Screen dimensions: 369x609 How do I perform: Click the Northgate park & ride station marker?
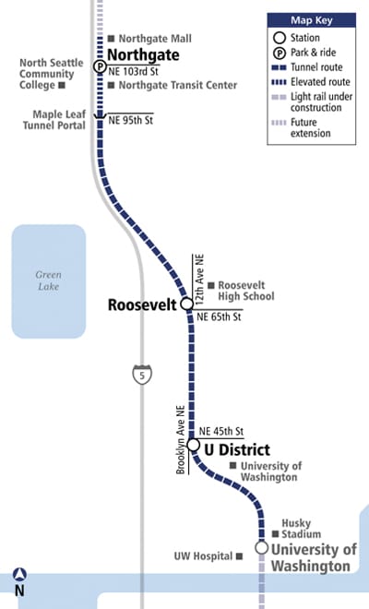pyautogui.click(x=100, y=66)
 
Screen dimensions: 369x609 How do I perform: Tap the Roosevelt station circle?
pyautogui.click(x=187, y=304)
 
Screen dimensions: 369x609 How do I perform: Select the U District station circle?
pyautogui.click(x=194, y=445)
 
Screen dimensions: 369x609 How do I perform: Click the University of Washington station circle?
pyautogui.click(x=262, y=547)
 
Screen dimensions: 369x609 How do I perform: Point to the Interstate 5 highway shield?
pyautogui.click(x=142, y=375)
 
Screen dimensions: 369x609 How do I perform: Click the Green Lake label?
pyautogui.click(x=49, y=281)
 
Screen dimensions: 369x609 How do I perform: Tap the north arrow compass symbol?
pyautogui.click(x=19, y=575)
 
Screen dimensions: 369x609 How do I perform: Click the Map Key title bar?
pyautogui.click(x=312, y=20)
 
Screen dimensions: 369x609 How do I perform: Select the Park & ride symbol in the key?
pyautogui.click(x=280, y=53)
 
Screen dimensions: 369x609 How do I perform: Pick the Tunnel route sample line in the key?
pyautogui.click(x=279, y=67)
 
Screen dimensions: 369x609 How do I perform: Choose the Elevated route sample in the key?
pyautogui.click(x=279, y=82)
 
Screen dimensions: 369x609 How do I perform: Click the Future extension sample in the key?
pyautogui.click(x=279, y=123)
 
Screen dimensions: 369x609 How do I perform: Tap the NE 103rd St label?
pyautogui.click(x=133, y=71)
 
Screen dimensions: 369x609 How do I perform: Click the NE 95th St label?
pyautogui.click(x=130, y=120)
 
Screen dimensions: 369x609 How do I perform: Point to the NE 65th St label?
pyautogui.click(x=219, y=316)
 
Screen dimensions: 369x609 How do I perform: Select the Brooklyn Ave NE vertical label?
pyautogui.click(x=181, y=439)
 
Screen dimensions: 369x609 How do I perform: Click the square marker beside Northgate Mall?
pyautogui.click(x=111, y=39)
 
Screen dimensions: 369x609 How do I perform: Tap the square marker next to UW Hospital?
pyautogui.click(x=239, y=556)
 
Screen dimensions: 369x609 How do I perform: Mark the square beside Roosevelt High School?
pyautogui.click(x=211, y=285)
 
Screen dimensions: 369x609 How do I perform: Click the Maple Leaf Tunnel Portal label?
pyautogui.click(x=54, y=120)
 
